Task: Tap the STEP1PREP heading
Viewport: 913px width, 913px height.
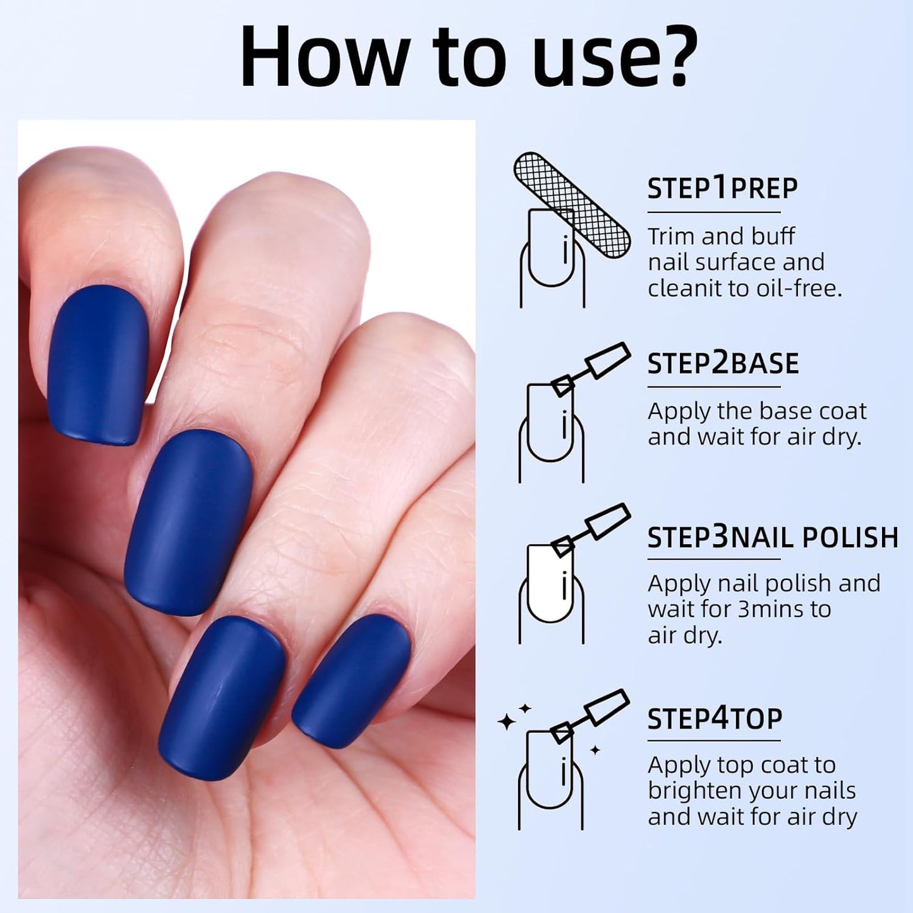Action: pos(722,188)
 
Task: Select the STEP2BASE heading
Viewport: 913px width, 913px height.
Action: pos(723,363)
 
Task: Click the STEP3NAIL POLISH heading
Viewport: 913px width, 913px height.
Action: pos(772,537)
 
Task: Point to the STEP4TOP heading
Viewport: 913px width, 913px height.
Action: pos(715,718)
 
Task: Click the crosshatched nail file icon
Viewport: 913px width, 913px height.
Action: pos(572,204)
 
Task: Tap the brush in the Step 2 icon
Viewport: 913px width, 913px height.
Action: pos(591,368)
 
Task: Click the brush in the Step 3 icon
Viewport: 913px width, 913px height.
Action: pos(591,529)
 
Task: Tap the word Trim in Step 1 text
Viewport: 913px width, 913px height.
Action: pos(671,236)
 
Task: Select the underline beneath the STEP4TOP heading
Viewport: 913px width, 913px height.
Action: pos(714,740)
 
